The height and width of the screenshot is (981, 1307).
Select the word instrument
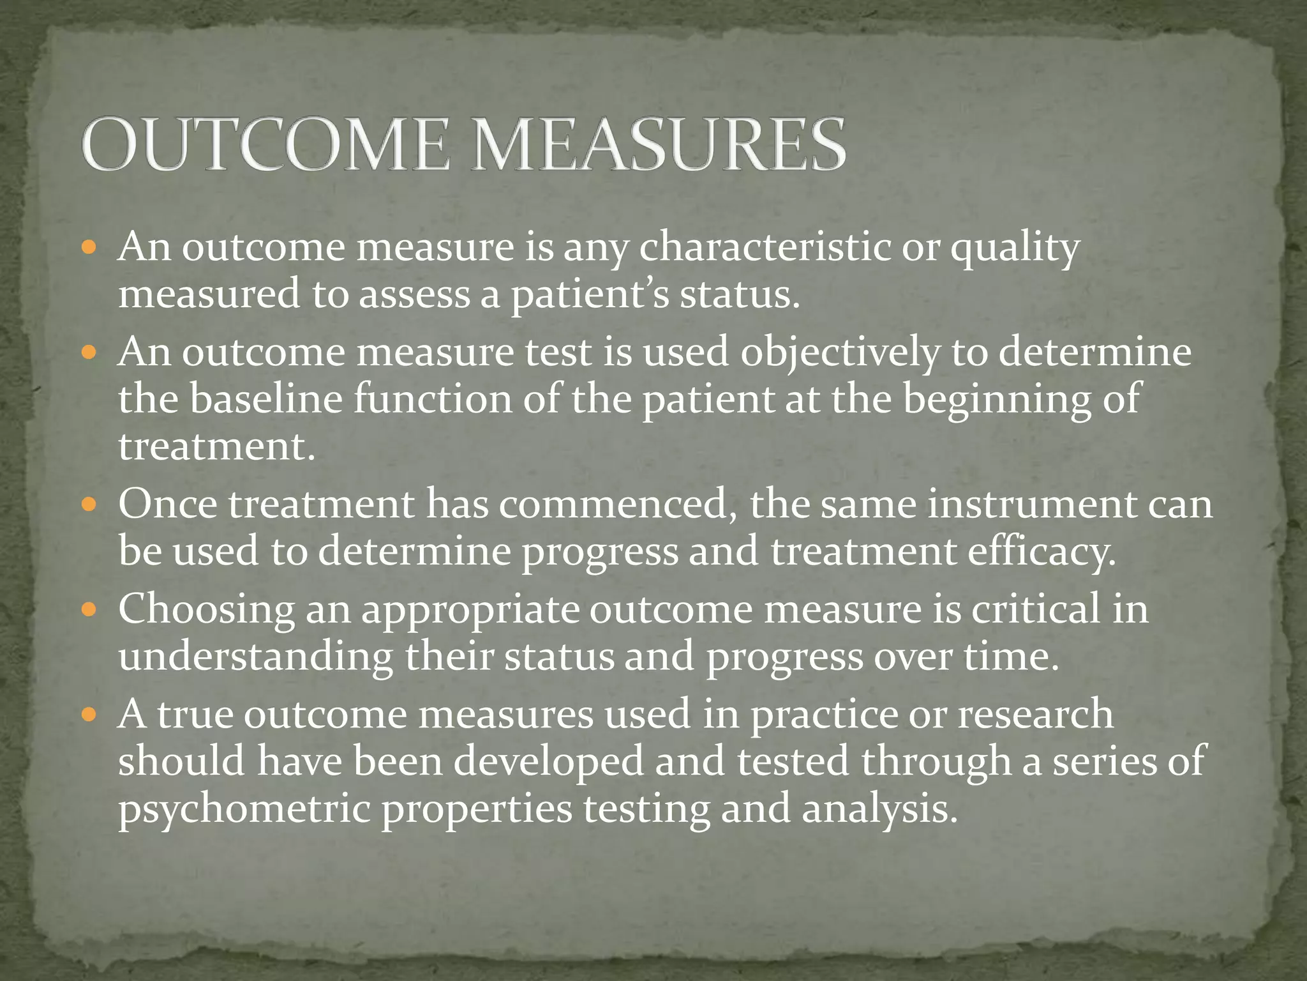coord(1032,505)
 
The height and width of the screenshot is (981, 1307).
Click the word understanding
coord(256,658)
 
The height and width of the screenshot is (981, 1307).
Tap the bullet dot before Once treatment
coord(90,504)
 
